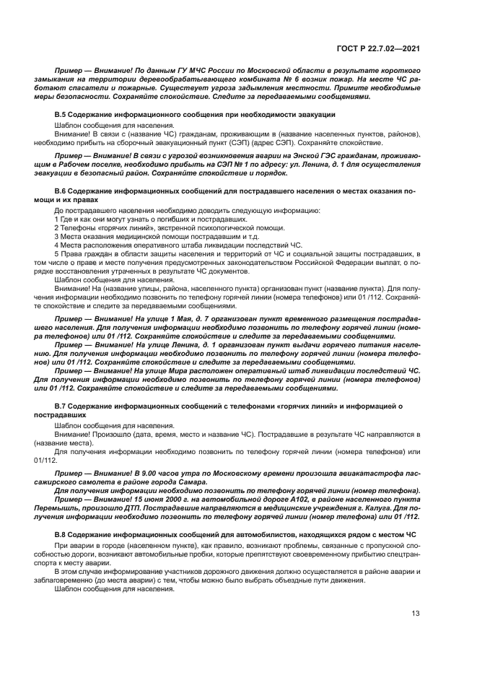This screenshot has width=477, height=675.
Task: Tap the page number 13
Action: click(x=415, y=614)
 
